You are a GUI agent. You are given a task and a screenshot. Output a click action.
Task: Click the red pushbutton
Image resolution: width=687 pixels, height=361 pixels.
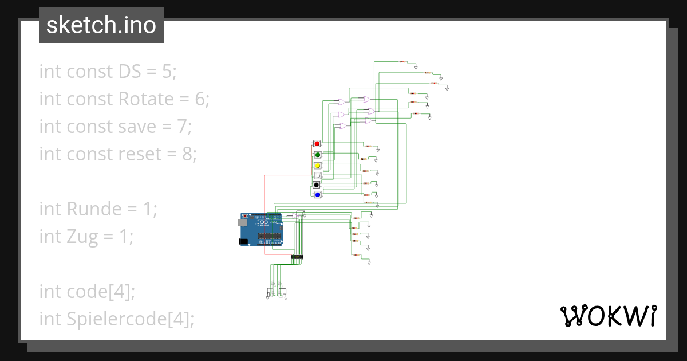(317, 143)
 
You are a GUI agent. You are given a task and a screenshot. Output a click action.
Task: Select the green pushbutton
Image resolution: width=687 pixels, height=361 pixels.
(317, 155)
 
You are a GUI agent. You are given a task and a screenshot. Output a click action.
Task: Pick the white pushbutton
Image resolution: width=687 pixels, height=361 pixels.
(317, 176)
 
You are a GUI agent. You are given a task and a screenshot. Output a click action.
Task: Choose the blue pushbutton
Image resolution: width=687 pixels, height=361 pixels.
(317, 195)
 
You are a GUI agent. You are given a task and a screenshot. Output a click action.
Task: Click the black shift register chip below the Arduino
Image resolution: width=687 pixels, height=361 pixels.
(297, 257)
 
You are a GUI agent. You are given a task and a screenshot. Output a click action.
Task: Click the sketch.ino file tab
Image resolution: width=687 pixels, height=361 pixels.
(101, 25)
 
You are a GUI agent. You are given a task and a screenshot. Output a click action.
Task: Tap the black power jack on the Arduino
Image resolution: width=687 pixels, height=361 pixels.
(243, 242)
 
